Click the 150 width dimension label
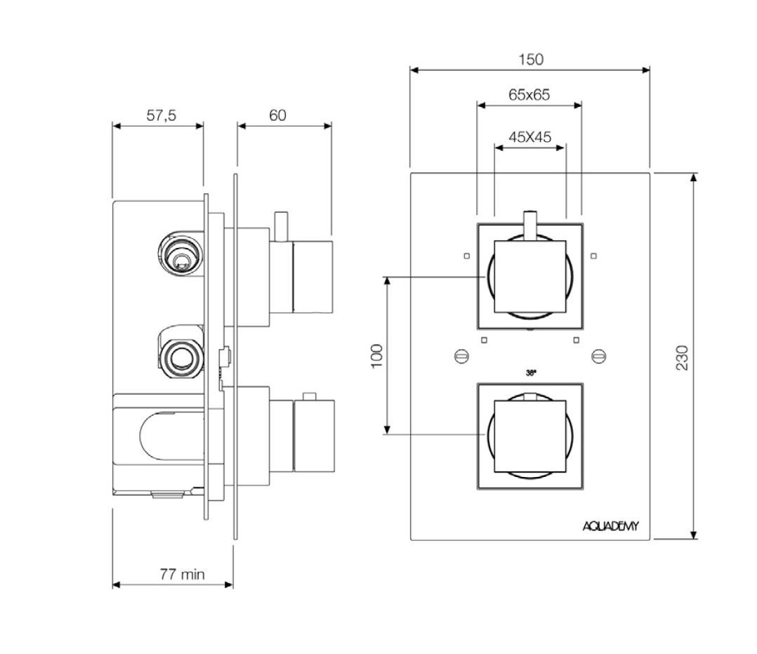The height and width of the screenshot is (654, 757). tap(531, 60)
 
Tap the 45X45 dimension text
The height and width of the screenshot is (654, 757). tap(529, 137)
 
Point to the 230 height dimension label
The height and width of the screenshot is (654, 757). tap(682, 358)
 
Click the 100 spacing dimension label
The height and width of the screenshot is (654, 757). tap(376, 355)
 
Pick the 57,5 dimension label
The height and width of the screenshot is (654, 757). tap(161, 116)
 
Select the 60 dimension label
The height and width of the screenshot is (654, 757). tap(278, 116)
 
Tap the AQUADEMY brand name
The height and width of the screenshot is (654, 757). tap(610, 526)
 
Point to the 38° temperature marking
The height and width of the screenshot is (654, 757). tap(531, 373)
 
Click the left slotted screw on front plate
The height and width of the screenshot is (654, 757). tap(461, 357)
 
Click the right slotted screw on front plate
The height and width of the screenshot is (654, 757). tap(598, 357)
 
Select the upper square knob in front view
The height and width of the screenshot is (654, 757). tap(530, 277)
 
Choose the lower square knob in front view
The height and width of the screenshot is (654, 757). tap(530, 436)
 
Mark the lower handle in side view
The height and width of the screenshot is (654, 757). tap(312, 436)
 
